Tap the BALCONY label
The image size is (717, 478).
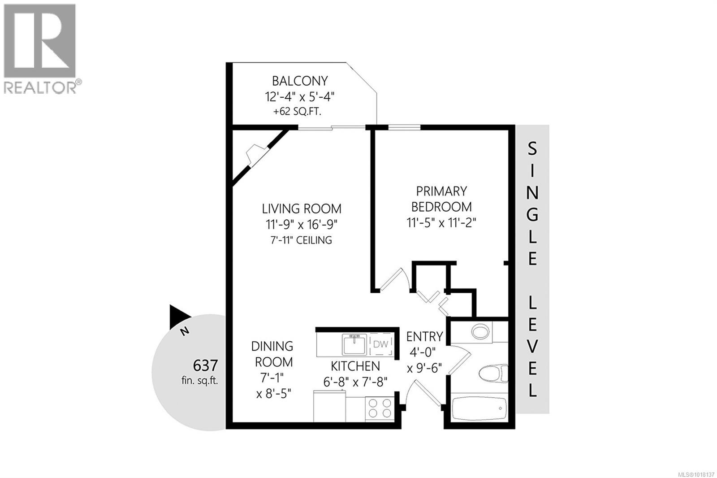[x=300, y=81]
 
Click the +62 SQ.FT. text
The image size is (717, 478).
[x=297, y=112]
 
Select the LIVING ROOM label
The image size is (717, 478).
[x=302, y=209]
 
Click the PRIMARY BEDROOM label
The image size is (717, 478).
[x=441, y=199]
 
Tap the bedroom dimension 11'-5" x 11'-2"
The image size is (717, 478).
[x=441, y=222]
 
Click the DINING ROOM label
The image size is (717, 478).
[x=272, y=354]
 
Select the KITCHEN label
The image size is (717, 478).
[x=355, y=366]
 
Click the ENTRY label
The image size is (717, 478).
[x=424, y=336]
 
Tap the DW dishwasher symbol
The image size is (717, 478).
[x=380, y=344]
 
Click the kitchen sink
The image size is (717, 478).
[x=354, y=344]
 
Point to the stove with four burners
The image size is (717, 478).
[x=379, y=408]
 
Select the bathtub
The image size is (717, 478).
[x=479, y=408]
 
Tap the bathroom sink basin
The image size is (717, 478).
[x=480, y=332]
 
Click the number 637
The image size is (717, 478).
[x=205, y=365]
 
